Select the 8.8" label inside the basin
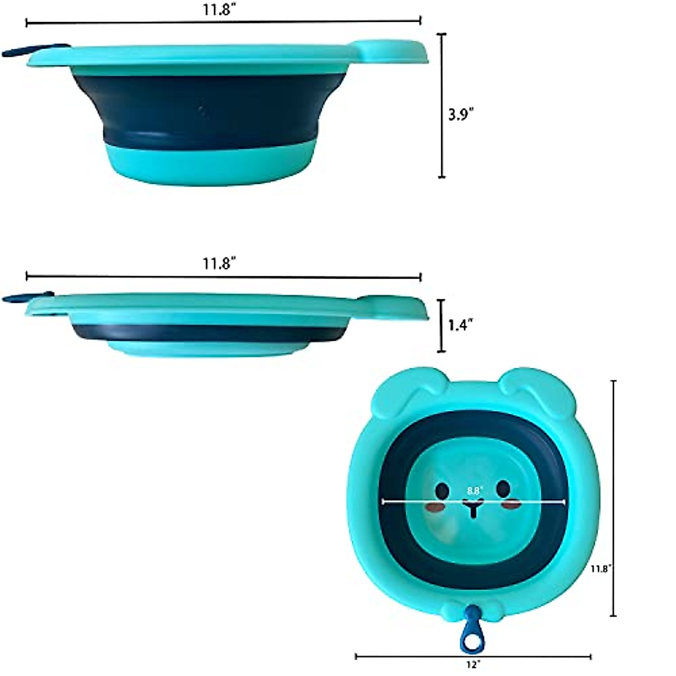tap(473, 491)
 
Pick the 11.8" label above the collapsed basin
tap(220, 263)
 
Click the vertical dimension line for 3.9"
tap(442, 105)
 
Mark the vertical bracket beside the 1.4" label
tap(442, 326)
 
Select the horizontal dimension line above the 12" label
tap(473, 656)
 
